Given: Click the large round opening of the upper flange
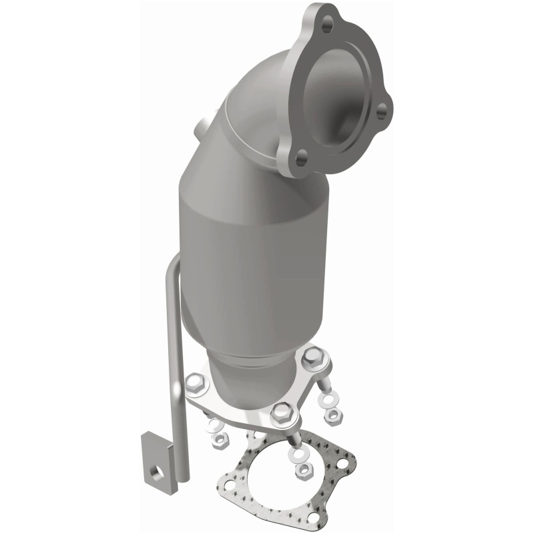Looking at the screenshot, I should click(342, 87).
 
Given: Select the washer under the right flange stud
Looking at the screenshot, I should click(328, 398).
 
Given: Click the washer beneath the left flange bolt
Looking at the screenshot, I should click(214, 425).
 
